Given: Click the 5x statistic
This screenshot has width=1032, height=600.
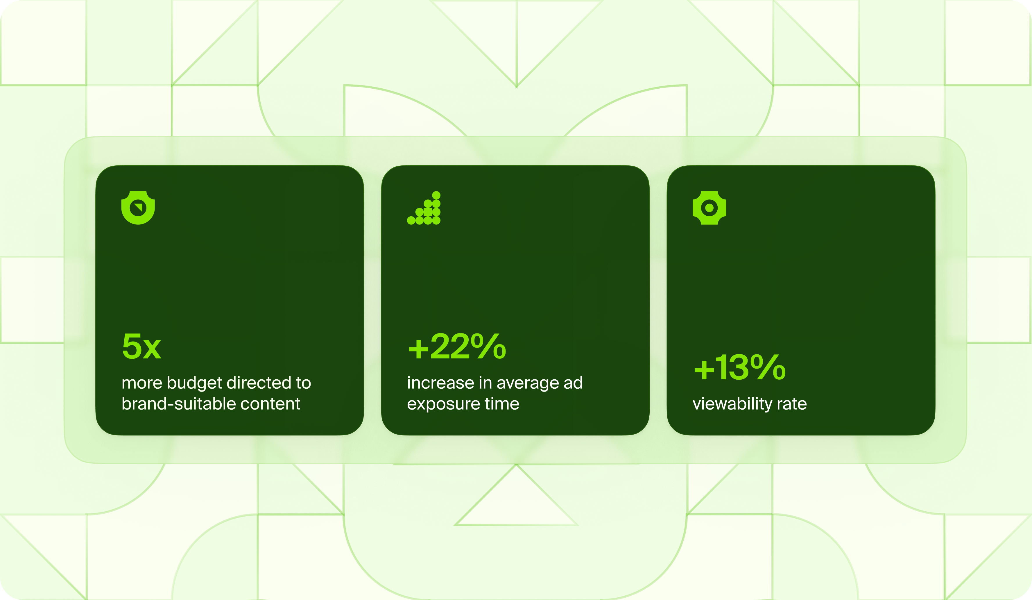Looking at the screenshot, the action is click(142, 346).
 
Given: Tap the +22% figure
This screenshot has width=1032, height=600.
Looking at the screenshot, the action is click(457, 346).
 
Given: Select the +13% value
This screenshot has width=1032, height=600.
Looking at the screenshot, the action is click(740, 367).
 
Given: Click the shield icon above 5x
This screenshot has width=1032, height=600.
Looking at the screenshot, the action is click(138, 208).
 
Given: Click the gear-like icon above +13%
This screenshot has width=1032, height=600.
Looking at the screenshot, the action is click(709, 208).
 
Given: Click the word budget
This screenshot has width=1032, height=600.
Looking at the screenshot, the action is click(195, 384).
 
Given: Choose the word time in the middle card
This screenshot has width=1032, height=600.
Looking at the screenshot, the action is click(502, 404).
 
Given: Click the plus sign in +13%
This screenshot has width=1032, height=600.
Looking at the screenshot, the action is click(704, 370).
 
